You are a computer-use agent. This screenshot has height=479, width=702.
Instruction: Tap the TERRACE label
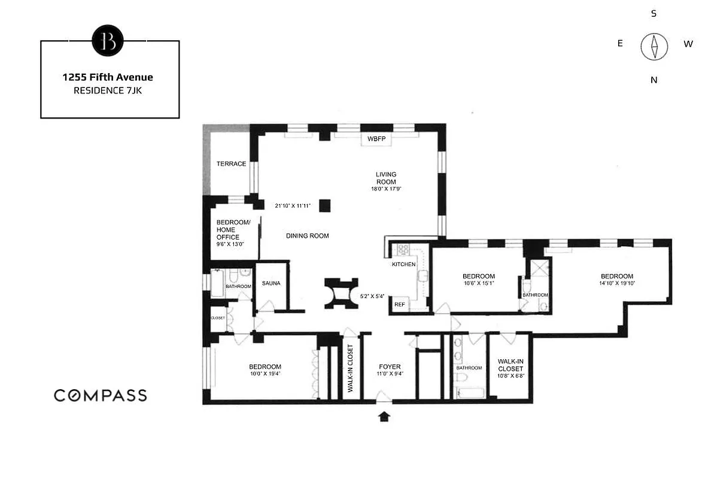click(231, 164)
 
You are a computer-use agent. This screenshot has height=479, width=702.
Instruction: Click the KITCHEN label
click(404, 264)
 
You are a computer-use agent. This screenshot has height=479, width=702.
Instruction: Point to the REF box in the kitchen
click(399, 305)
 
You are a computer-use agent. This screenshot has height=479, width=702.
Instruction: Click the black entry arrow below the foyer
click(384, 416)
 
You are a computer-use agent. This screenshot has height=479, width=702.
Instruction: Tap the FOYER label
click(390, 366)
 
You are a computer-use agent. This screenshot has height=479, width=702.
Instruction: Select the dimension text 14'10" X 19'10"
click(616, 284)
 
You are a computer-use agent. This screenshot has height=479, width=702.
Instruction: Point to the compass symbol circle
click(654, 47)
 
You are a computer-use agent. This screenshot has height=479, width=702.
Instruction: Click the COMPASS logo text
click(101, 395)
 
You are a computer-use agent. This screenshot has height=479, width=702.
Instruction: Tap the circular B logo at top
click(108, 41)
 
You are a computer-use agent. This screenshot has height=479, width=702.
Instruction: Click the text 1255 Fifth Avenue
click(108, 77)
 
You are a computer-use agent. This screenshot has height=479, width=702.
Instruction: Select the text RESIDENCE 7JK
click(108, 91)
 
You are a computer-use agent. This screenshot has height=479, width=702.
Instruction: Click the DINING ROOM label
click(307, 236)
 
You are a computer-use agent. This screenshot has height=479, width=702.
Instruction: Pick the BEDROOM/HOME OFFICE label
click(228, 230)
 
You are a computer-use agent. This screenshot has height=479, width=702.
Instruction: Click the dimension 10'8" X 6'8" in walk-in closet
click(510, 376)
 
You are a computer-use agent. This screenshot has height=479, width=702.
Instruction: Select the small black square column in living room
click(325, 205)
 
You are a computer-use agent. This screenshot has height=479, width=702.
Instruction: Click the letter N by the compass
click(654, 80)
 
